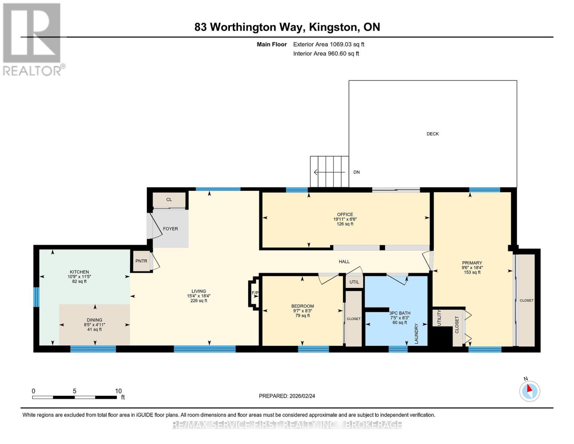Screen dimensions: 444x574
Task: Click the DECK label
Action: [x=432, y=134]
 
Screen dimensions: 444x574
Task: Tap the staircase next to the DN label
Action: [x=329, y=172]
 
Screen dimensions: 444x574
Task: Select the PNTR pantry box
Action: [x=141, y=261]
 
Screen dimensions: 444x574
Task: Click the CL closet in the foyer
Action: [x=169, y=200]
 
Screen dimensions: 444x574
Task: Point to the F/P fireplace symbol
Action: [x=254, y=293]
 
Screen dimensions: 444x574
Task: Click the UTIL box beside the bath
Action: [x=354, y=282]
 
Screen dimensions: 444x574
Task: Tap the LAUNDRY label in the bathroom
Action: [x=416, y=333]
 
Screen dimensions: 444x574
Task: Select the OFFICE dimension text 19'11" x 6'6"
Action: [x=345, y=219]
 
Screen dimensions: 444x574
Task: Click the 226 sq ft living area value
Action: [x=198, y=301]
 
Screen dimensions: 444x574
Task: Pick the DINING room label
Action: [x=95, y=320]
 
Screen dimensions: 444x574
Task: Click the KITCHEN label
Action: [x=79, y=272]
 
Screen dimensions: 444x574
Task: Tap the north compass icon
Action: [x=530, y=391]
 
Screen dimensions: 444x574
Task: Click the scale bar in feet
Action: [x=74, y=397]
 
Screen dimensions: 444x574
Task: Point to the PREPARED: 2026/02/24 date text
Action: [x=287, y=396]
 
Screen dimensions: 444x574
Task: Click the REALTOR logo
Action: [x=33, y=39]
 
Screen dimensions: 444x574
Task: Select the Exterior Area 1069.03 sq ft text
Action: [x=329, y=44]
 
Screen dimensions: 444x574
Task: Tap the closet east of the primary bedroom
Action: [x=526, y=300]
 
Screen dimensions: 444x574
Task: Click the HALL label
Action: [x=344, y=262]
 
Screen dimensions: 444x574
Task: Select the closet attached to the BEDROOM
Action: [x=353, y=319]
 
